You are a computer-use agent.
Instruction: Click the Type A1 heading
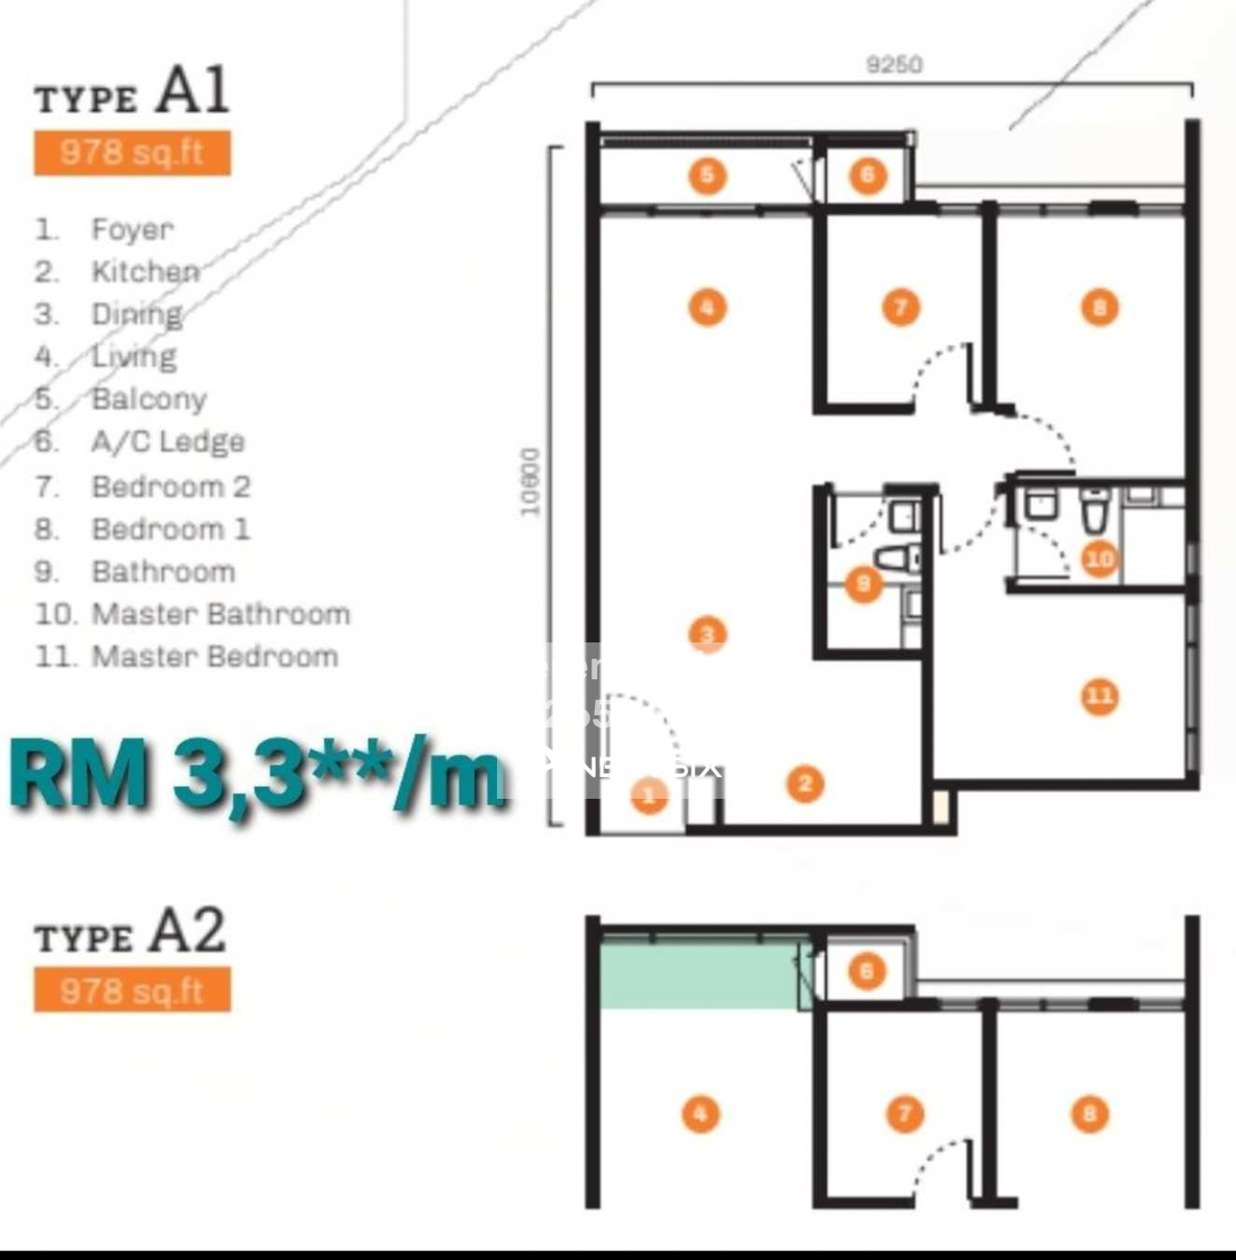tap(131, 91)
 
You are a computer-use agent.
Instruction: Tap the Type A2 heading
tap(130, 932)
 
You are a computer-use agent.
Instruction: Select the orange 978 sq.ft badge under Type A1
tap(132, 153)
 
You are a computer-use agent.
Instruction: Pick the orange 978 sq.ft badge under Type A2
tap(132, 990)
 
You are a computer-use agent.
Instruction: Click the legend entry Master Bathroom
tap(220, 614)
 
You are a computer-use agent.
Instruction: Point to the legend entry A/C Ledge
tap(167, 441)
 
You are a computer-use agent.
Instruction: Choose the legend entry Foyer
tap(132, 229)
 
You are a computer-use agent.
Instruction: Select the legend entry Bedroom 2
tap(171, 486)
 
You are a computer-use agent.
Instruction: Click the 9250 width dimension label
tap(894, 64)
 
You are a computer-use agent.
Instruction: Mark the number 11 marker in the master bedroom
tap(1100, 696)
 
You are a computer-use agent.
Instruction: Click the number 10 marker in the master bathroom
tap(1099, 559)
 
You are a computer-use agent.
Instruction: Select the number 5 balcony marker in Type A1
tap(707, 176)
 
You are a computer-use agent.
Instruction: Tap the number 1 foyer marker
tap(649, 795)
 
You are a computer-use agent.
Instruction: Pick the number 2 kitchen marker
tap(805, 783)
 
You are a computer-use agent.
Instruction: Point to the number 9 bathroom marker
tap(863, 584)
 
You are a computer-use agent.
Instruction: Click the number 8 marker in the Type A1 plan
tap(1100, 307)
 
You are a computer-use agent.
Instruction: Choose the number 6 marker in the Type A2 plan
tap(866, 971)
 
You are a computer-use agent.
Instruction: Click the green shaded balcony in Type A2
tap(700, 976)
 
